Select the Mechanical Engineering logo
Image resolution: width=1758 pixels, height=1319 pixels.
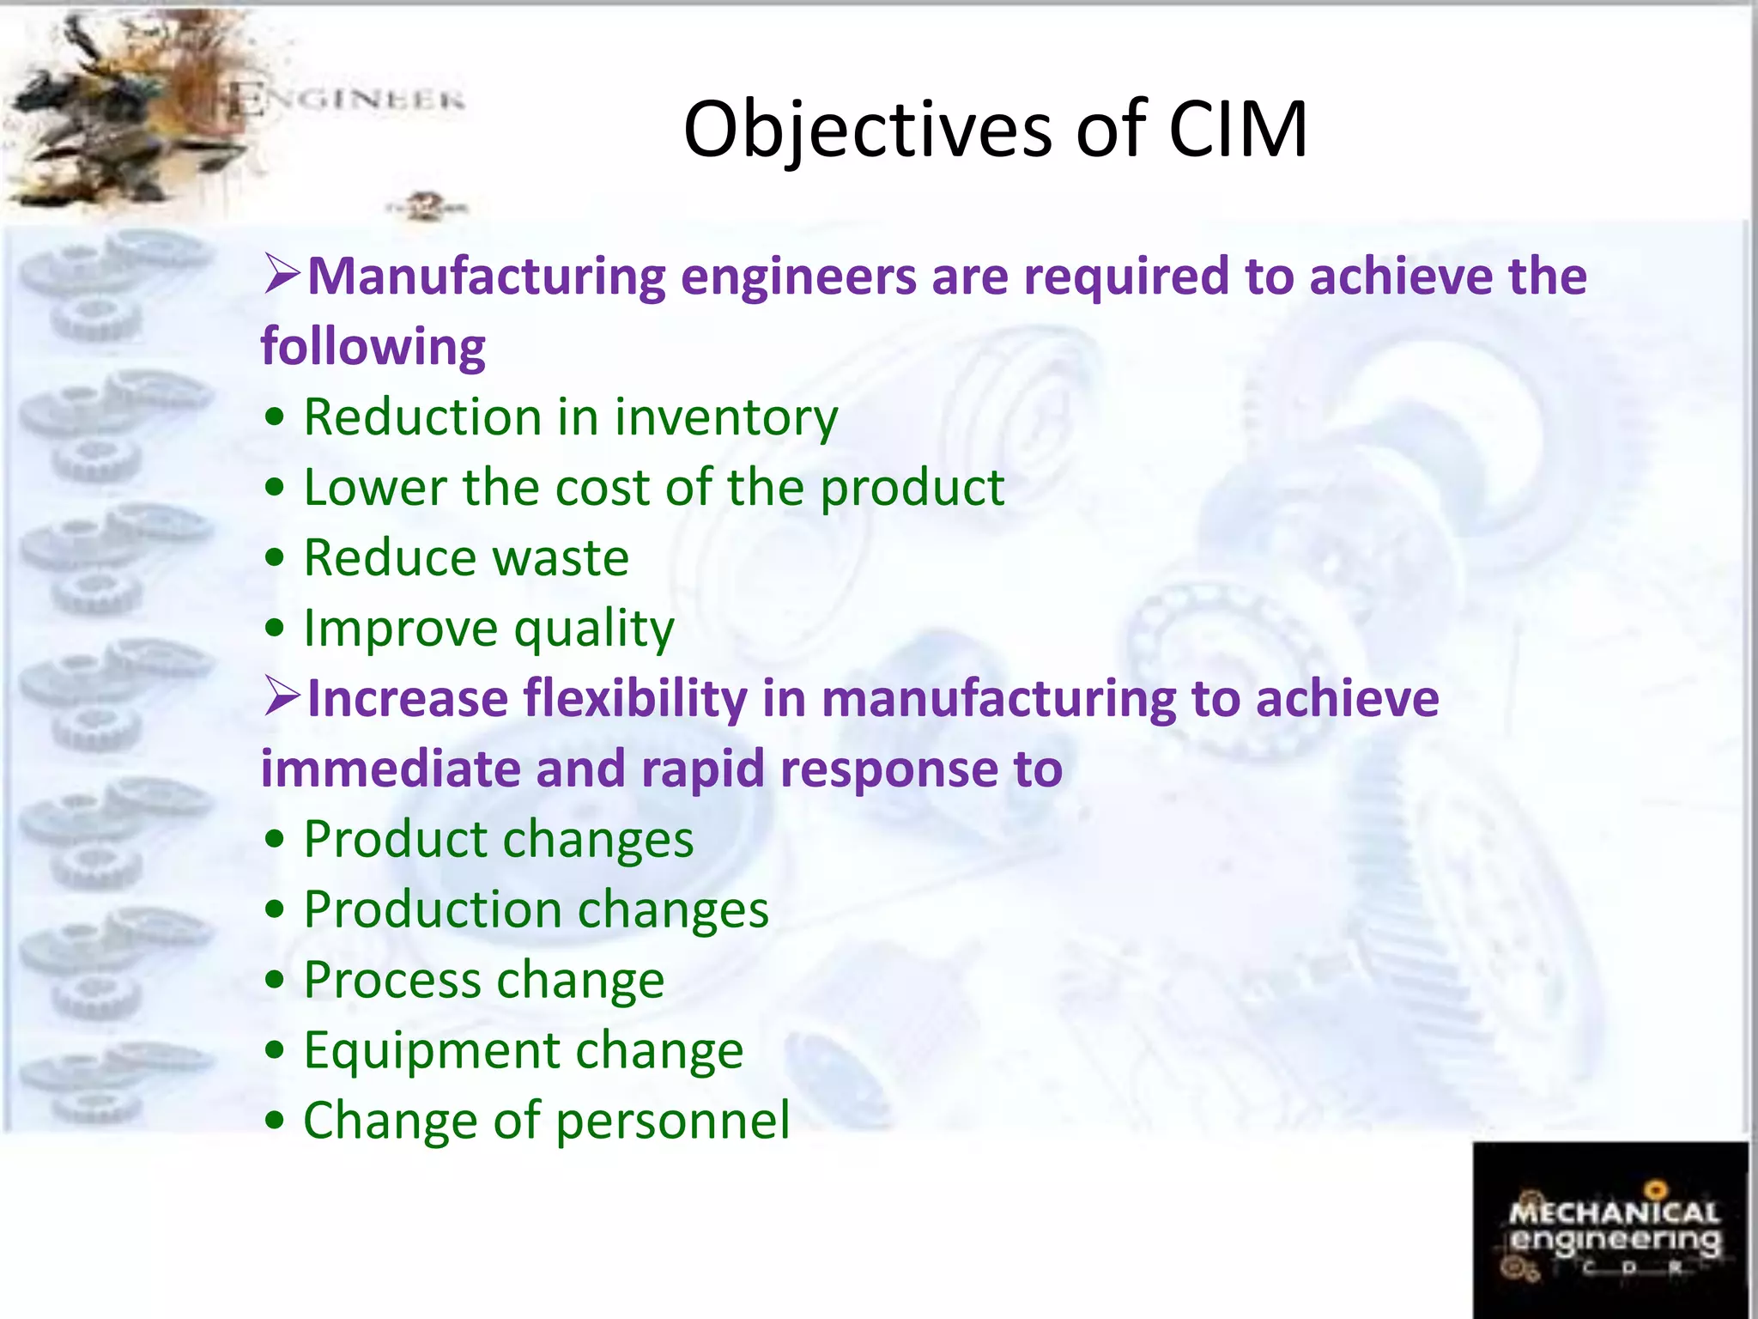1611,1230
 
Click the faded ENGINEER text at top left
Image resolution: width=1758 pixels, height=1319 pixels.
348,101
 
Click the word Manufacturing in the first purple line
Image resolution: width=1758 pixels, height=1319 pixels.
486,277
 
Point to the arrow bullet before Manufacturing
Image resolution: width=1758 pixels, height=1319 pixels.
282,275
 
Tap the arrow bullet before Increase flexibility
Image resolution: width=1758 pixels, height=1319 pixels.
282,696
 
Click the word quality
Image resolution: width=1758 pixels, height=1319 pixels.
594,629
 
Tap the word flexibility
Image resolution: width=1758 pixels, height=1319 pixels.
635,699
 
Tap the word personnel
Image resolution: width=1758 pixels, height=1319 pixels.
672,1121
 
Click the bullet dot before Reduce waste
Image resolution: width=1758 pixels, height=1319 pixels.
275,559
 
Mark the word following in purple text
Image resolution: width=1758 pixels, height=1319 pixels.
373,348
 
